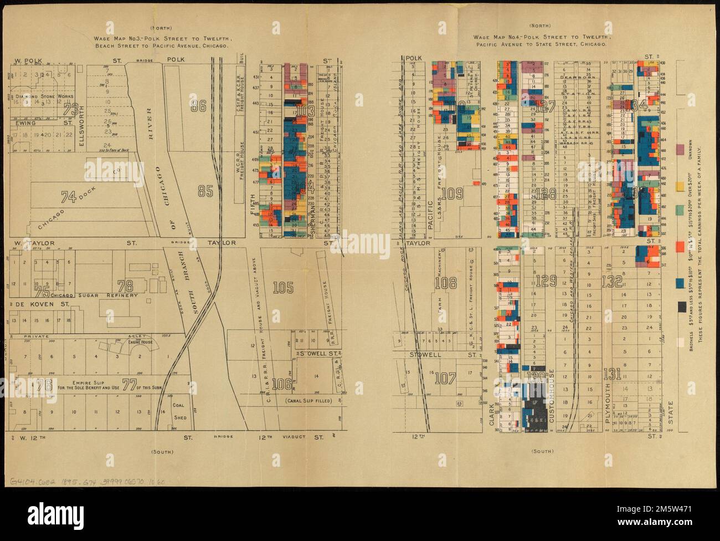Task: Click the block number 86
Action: coord(198,106)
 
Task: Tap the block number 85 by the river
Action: coord(205,191)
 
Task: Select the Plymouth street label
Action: coord(608,404)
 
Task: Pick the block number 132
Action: coord(611,281)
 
